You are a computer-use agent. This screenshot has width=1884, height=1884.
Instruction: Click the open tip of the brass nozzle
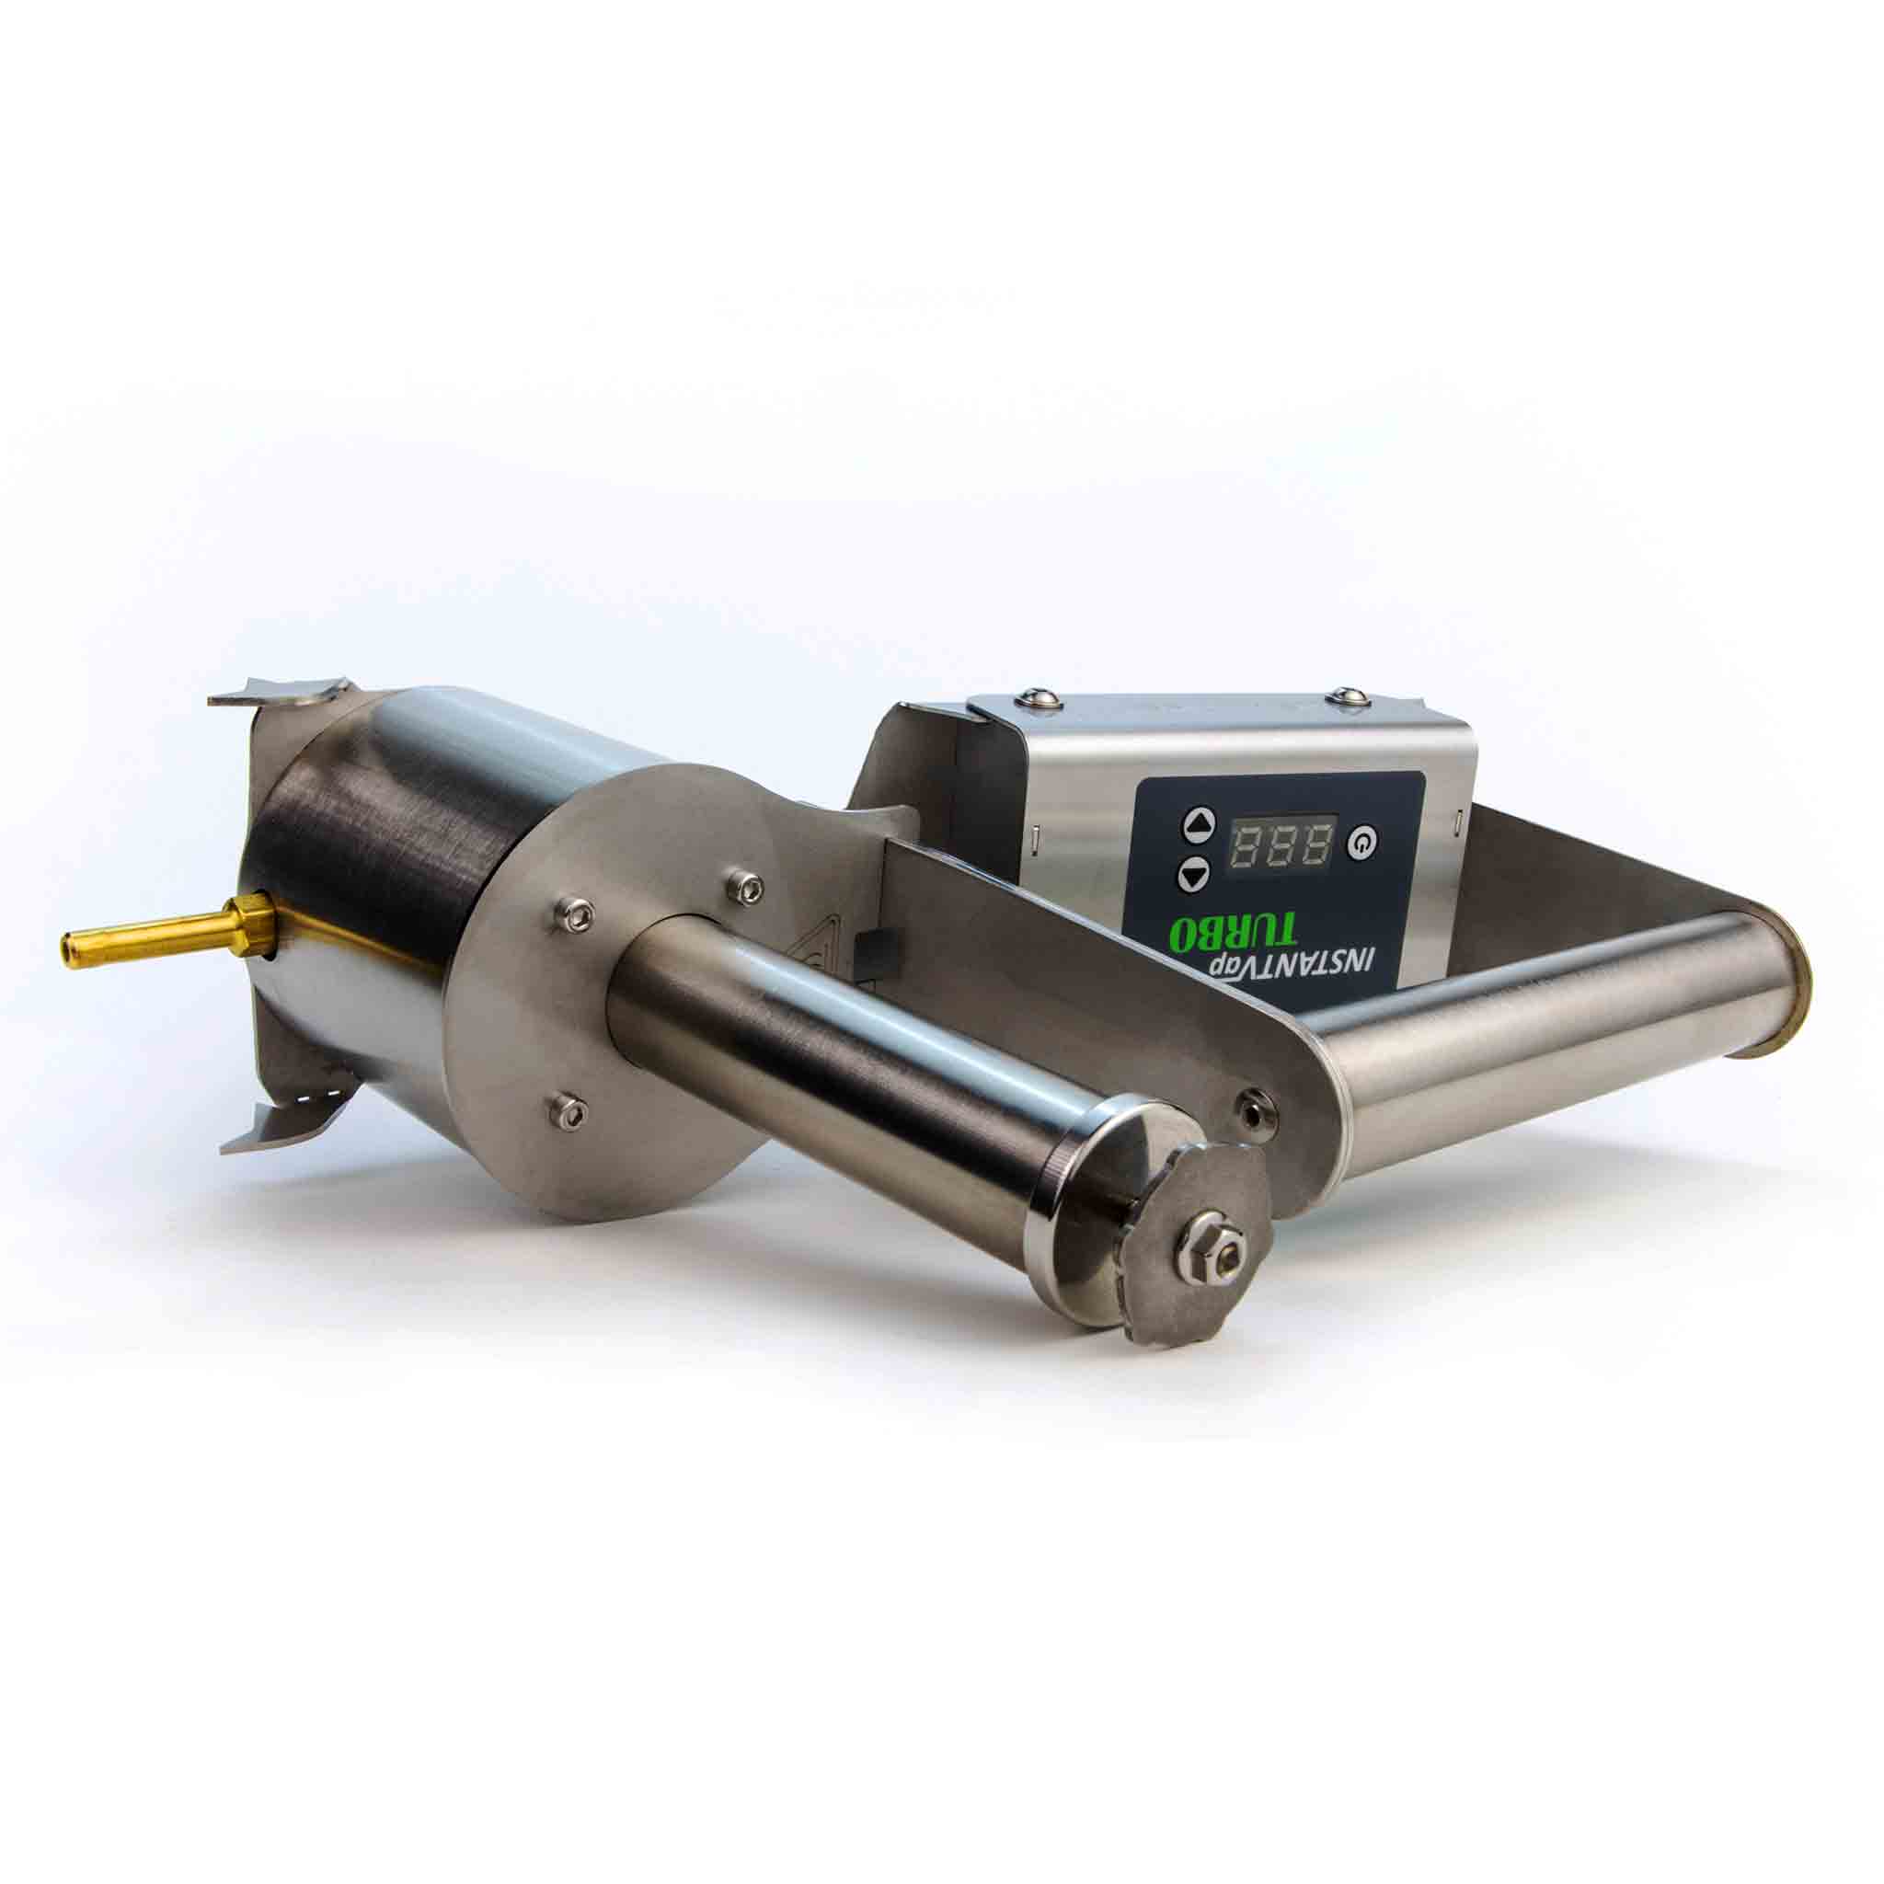(67, 943)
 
